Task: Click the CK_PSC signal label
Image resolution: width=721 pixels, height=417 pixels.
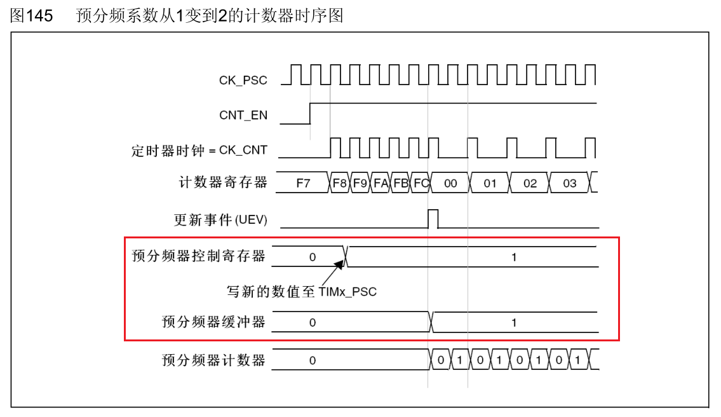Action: (x=243, y=80)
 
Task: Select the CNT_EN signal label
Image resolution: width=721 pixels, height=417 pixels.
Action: (x=243, y=115)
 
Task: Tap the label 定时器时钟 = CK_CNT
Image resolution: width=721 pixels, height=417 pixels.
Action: (x=199, y=151)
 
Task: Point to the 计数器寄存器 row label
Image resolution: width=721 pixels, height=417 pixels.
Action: (x=223, y=183)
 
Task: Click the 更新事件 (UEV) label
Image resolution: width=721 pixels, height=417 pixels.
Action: (x=220, y=220)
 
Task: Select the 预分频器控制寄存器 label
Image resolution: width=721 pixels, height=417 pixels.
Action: (x=198, y=256)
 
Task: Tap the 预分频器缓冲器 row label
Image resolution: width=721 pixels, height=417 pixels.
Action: (x=213, y=322)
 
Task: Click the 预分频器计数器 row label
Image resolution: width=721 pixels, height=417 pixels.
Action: (x=213, y=360)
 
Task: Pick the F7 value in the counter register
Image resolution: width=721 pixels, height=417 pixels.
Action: (x=304, y=184)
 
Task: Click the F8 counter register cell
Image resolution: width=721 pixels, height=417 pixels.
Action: (x=340, y=184)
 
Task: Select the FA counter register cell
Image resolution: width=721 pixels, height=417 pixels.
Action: (x=381, y=184)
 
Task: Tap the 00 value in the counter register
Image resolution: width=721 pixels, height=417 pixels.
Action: (x=450, y=184)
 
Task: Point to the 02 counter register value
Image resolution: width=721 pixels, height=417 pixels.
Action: (x=530, y=184)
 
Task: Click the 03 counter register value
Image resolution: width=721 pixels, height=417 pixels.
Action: (x=570, y=184)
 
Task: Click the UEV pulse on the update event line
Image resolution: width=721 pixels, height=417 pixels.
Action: (x=433, y=218)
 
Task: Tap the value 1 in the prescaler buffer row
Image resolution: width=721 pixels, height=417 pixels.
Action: (x=514, y=322)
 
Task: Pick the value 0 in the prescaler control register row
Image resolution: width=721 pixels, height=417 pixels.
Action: (x=312, y=257)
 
